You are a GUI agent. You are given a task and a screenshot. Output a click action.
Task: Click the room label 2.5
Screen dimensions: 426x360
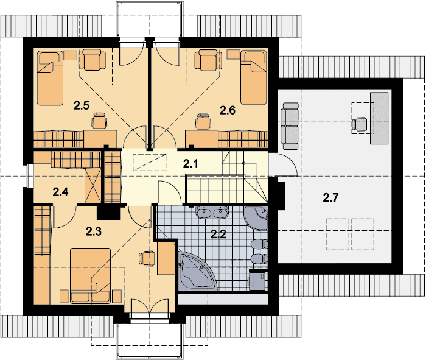point(82,105)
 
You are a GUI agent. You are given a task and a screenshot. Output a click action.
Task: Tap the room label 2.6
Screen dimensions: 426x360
point(228,110)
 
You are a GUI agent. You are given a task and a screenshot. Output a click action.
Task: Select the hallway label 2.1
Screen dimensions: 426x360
point(190,164)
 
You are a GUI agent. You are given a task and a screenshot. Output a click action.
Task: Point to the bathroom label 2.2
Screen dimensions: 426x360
point(218,234)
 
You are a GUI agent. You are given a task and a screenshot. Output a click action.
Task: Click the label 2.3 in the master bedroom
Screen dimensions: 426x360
point(94,231)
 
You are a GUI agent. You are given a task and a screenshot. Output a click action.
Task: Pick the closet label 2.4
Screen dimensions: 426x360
point(61,192)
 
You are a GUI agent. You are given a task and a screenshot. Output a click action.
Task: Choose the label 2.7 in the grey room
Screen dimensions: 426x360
point(330,197)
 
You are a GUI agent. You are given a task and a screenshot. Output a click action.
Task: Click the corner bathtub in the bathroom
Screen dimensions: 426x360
point(195,270)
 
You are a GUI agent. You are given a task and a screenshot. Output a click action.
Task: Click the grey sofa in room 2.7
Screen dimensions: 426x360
point(291,126)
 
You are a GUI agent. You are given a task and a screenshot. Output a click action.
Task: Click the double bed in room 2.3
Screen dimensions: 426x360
point(91,275)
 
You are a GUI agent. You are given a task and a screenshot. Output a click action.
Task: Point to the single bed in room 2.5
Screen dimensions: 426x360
point(50,78)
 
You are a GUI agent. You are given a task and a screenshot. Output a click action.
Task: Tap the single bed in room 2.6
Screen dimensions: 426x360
point(254,77)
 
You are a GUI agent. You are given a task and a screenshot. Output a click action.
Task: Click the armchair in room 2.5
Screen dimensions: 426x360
point(92,60)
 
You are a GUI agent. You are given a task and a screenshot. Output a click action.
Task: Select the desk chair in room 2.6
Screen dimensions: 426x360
point(203,121)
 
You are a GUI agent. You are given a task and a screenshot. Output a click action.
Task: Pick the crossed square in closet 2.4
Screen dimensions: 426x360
point(93,186)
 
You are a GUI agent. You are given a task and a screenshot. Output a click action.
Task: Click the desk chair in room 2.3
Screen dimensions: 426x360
point(147,258)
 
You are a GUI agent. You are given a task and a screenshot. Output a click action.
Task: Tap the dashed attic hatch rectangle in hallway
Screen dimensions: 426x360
point(150,162)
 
